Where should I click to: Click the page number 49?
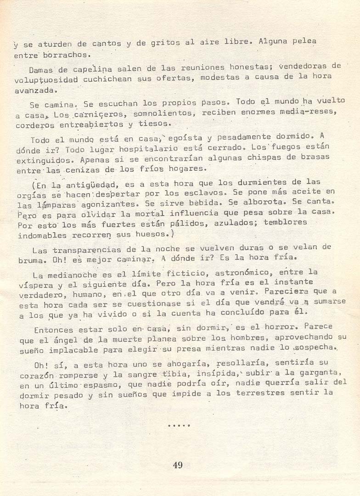[x=178, y=465]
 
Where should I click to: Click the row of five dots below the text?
[x=179, y=425]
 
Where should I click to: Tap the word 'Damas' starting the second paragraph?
[x=42, y=70]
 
